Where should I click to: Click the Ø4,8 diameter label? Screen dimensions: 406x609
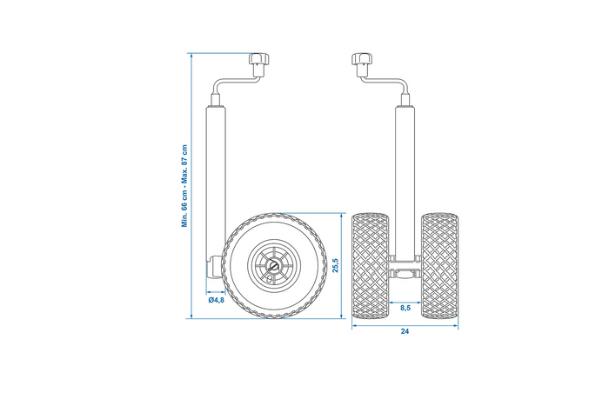217,300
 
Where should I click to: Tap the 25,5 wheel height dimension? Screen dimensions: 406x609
335,264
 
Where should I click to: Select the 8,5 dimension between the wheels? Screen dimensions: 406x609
405,307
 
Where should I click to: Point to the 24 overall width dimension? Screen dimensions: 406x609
405,331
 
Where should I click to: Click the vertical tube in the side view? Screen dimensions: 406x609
216,174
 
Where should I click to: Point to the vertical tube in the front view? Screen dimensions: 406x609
405,174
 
